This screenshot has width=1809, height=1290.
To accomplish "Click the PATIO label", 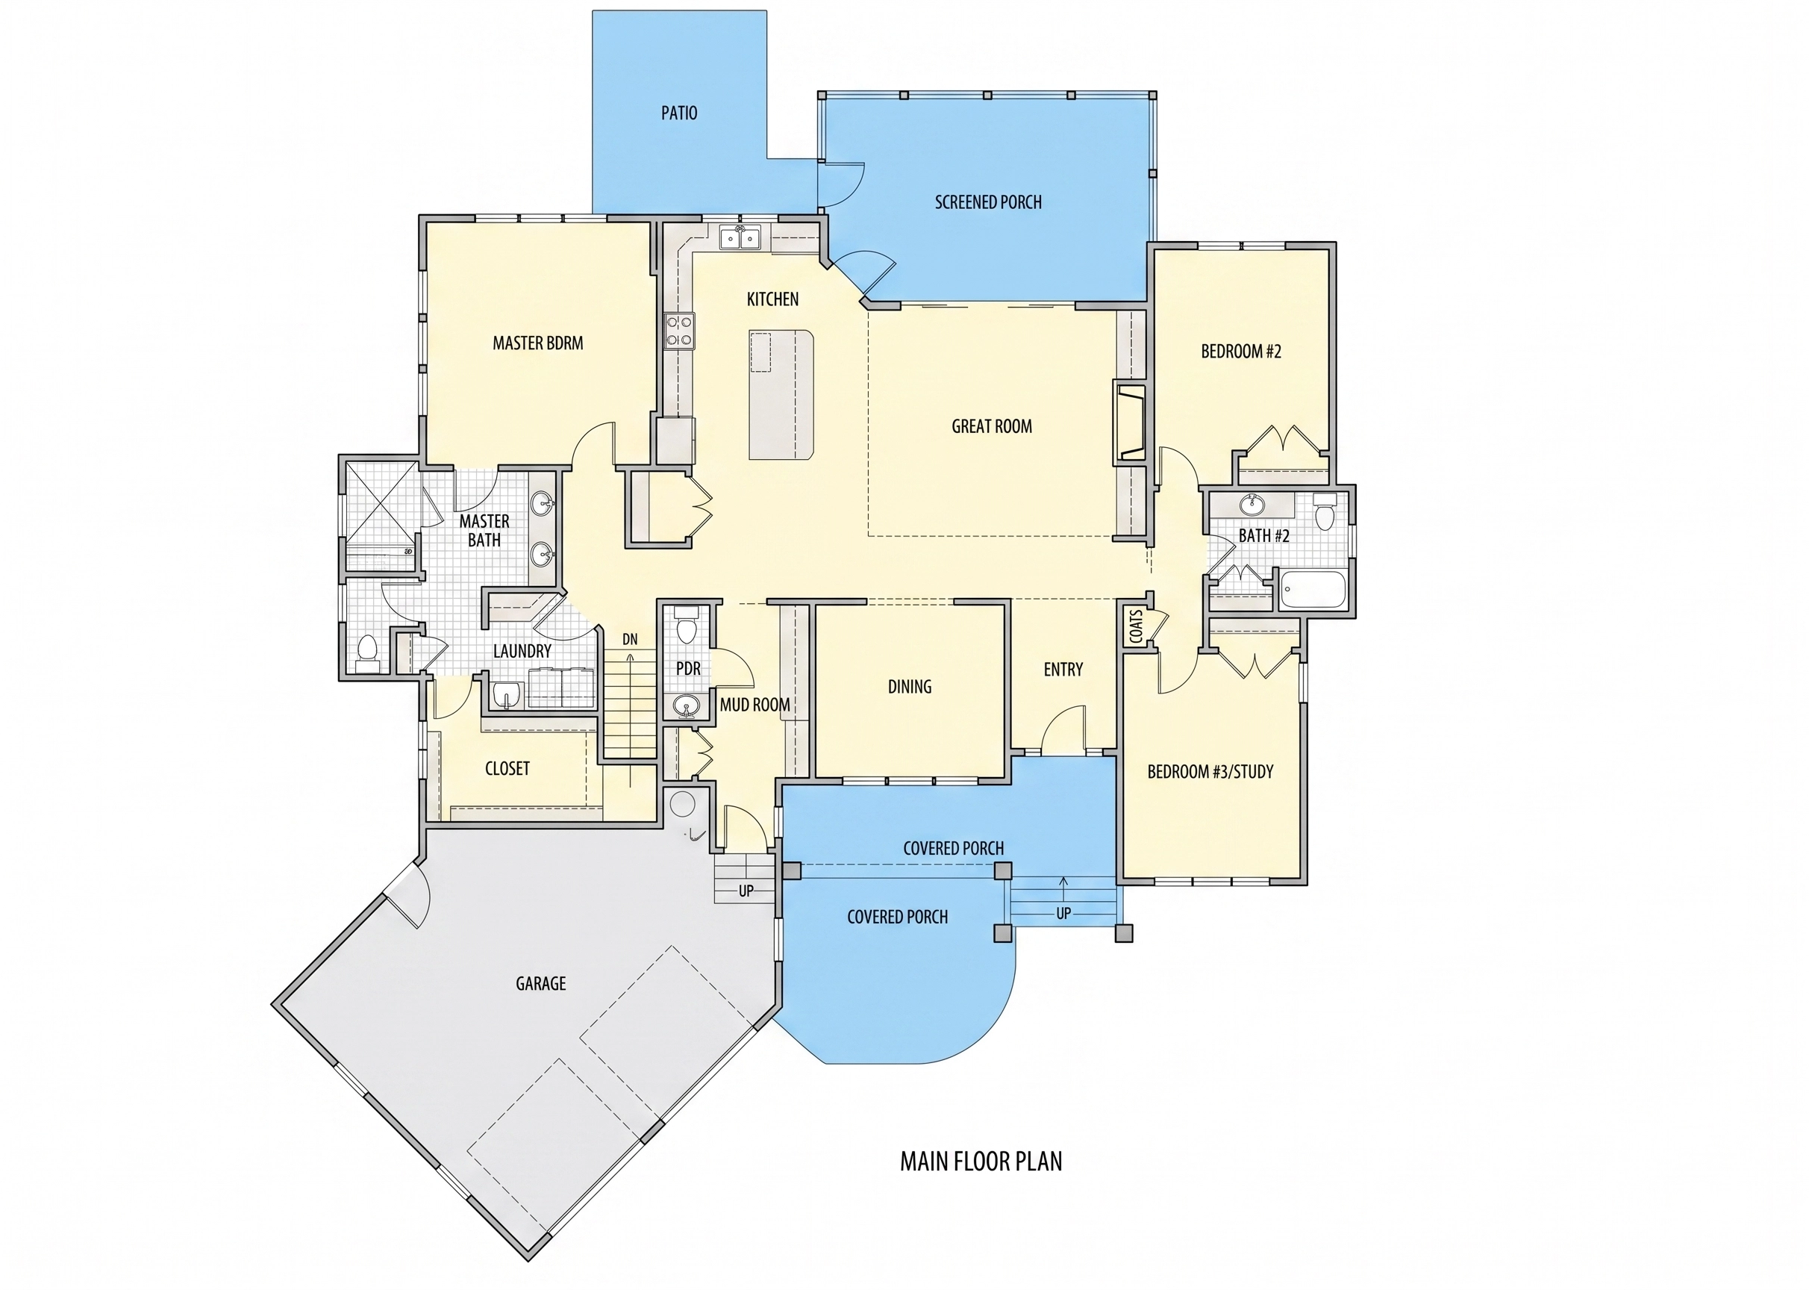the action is pos(679,113).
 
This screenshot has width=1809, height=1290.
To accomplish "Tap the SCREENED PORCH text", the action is pos(988,202).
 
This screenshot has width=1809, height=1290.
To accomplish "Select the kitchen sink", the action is pos(740,237).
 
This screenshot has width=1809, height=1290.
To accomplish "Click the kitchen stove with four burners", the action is pos(680,331).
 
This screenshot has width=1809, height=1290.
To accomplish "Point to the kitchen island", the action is pos(781,395).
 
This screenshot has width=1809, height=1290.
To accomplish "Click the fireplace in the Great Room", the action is pos(1129,421).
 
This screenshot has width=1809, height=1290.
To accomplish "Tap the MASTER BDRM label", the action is pos(537,343).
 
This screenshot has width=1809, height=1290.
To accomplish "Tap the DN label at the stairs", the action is pos(630,640).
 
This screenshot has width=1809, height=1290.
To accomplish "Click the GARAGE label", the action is pos(541,983).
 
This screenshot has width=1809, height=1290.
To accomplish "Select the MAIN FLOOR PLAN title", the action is pos(981,1162).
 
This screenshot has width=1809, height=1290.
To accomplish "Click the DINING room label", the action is pos(909,686).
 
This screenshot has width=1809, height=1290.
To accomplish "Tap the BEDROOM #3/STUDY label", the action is pos(1210,771).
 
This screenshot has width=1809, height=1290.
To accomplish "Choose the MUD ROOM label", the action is pos(754,705).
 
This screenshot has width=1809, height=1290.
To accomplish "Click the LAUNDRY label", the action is pos(522,652).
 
